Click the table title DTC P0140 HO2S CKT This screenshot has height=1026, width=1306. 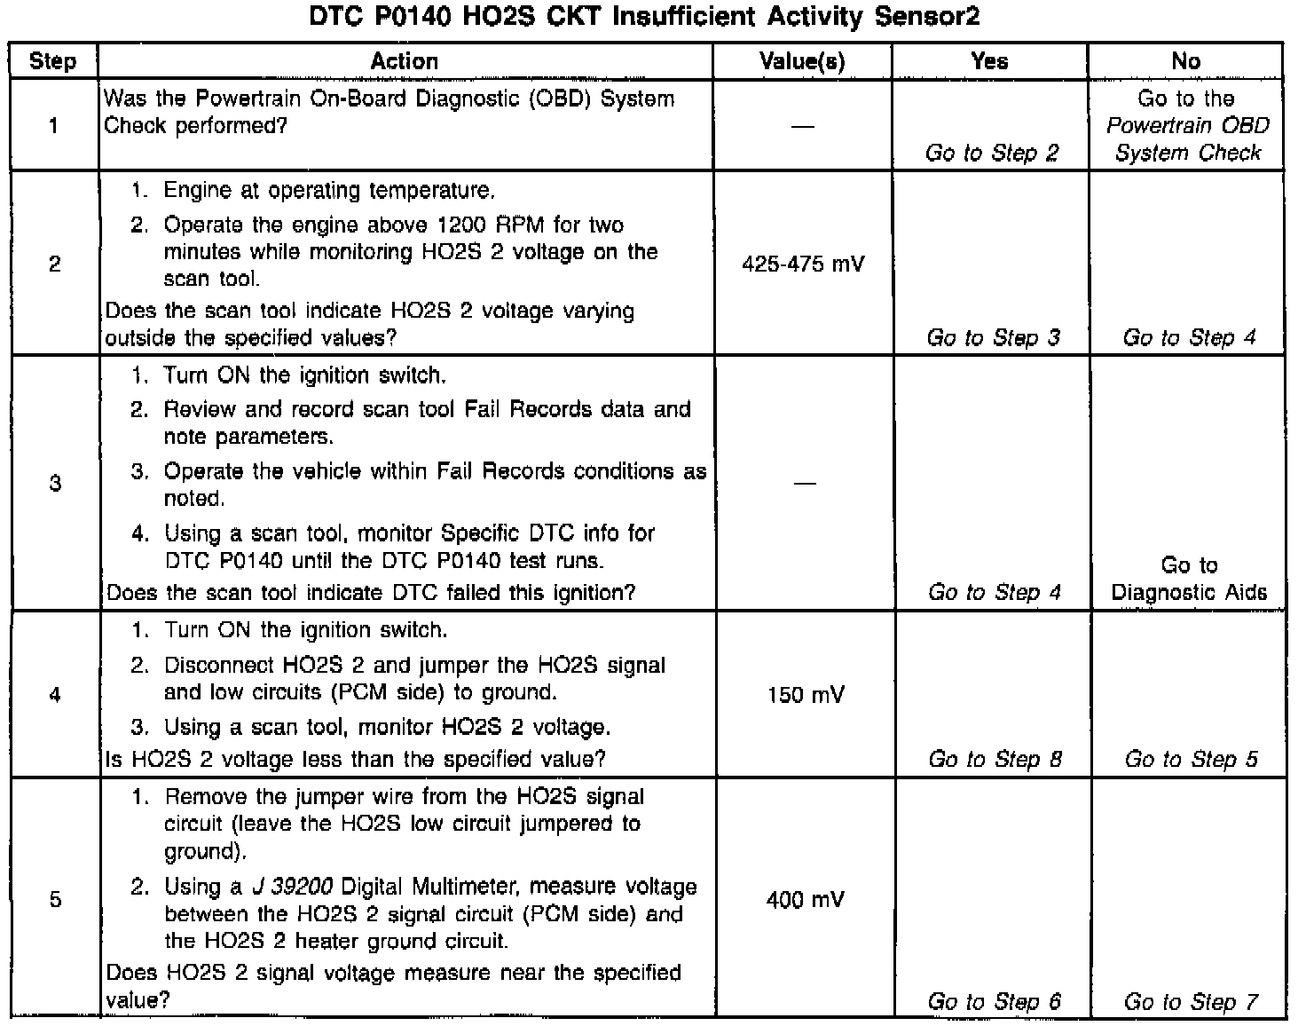pyautogui.click(x=645, y=17)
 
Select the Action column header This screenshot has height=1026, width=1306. pyautogui.click(x=405, y=61)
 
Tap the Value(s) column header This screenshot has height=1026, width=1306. pyautogui.click(x=802, y=61)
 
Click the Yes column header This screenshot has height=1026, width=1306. pyautogui.click(x=989, y=61)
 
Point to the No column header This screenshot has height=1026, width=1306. pyautogui.click(x=1185, y=61)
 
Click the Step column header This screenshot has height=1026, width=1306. pyautogui.click(x=53, y=61)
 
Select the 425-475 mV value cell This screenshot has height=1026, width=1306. pyautogui.click(x=802, y=264)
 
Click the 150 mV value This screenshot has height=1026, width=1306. pyautogui.click(x=806, y=695)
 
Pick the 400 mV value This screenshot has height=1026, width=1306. pyautogui.click(x=805, y=900)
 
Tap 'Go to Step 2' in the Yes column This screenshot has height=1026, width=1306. pyautogui.click(x=992, y=153)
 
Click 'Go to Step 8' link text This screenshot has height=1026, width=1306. pyautogui.click(x=995, y=759)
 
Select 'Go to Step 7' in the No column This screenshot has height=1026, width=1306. pyautogui.click(x=1191, y=1002)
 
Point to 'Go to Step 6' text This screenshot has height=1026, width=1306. pyautogui.click(x=994, y=1002)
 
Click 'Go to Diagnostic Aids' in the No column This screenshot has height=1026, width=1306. pyautogui.click(x=1189, y=579)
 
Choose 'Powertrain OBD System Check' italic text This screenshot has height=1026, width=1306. pyautogui.click(x=1187, y=139)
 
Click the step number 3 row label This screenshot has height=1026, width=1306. pyautogui.click(x=55, y=484)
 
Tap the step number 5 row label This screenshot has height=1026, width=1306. pyautogui.click(x=55, y=900)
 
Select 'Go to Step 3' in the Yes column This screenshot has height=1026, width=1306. pyautogui.click(x=993, y=337)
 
